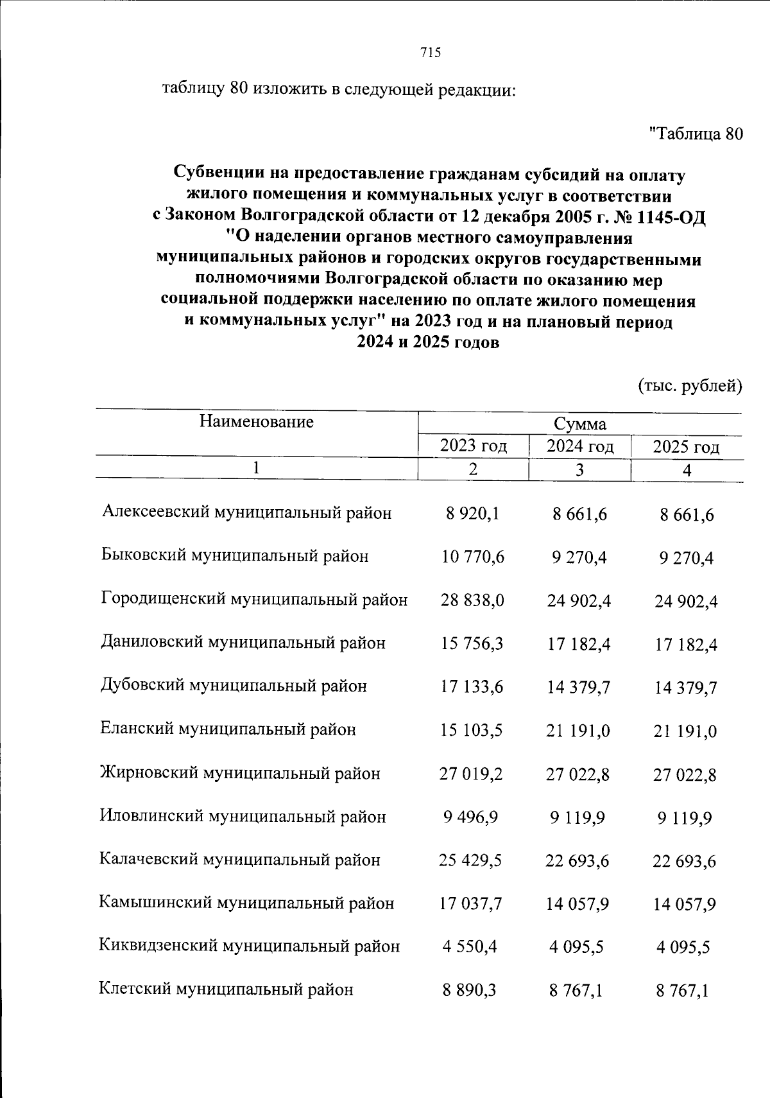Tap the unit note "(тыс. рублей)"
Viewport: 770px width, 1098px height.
tap(689, 386)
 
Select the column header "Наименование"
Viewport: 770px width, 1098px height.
tap(256, 422)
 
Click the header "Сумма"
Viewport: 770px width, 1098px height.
tap(580, 424)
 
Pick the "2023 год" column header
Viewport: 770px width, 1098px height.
tap(473, 446)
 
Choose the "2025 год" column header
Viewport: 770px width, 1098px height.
tap(686, 448)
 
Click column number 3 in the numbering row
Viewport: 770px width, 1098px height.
tap(579, 470)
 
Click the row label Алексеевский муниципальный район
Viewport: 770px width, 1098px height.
tap(246, 512)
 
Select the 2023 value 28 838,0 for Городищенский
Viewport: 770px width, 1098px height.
tap(472, 600)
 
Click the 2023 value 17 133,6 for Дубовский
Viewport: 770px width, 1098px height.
tap(472, 687)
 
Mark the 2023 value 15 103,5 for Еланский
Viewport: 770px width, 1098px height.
tap(472, 730)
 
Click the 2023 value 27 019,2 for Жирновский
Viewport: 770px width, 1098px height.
tap(471, 774)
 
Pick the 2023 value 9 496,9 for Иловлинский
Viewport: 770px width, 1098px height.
tap(470, 817)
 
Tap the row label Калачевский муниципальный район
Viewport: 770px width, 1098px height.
tap(239, 860)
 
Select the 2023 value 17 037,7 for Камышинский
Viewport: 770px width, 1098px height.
tap(470, 903)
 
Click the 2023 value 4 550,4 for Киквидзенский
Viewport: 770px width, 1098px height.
tap(470, 946)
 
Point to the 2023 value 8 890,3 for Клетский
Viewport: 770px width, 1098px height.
tap(469, 990)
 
